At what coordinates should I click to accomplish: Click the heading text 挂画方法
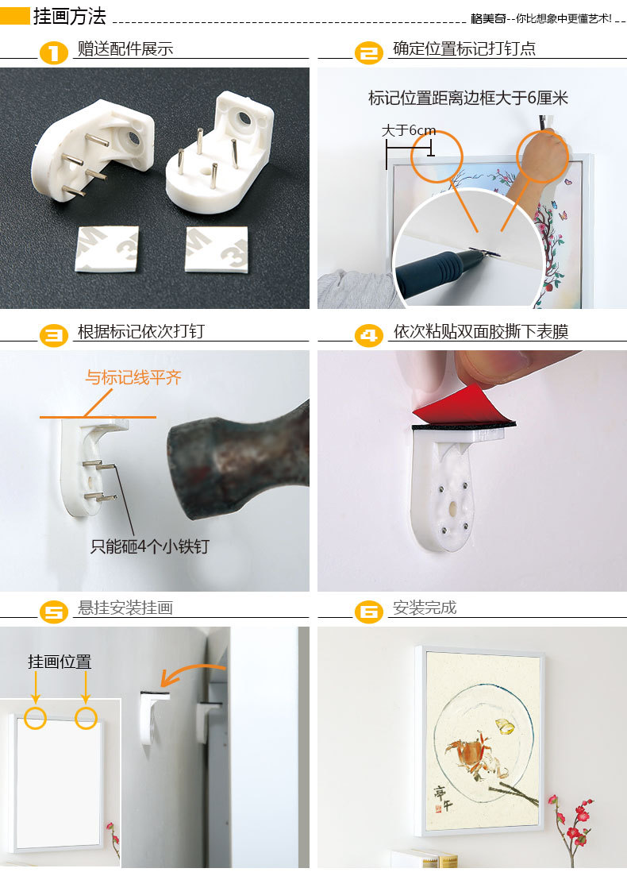(69, 16)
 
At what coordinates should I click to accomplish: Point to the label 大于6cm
(408, 130)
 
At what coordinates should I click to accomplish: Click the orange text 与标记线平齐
(133, 377)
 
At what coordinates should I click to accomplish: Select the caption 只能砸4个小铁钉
(150, 546)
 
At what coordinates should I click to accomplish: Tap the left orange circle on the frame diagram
(36, 718)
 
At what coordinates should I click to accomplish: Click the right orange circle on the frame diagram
(86, 718)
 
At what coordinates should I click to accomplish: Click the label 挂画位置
(60, 662)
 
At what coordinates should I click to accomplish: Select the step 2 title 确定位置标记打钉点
(464, 48)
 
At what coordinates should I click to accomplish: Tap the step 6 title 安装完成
(425, 608)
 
